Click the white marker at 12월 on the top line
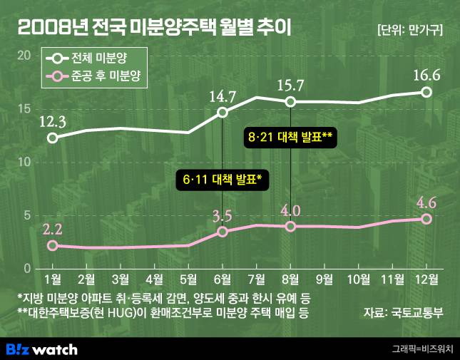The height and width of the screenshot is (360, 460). [426, 92]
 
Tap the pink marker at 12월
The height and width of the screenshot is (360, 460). [426, 219]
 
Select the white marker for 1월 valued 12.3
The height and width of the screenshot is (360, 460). [52, 137]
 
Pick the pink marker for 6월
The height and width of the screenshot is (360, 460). [223, 232]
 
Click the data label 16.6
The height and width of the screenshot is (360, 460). [426, 74]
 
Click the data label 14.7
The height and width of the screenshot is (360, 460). [223, 94]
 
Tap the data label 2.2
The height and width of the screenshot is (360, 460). [52, 229]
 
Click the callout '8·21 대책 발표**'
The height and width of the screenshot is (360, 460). [290, 135]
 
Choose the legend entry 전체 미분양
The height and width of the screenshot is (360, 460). [96, 58]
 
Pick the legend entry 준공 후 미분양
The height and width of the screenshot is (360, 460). [96, 76]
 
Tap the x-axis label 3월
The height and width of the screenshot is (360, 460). [120, 278]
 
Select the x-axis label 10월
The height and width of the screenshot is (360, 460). [358, 278]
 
